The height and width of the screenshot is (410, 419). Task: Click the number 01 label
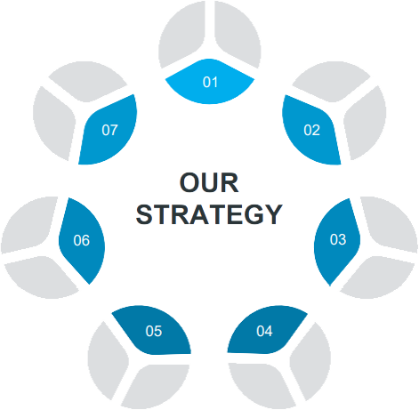tap(210, 82)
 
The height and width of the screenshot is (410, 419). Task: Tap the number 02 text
tap(311, 130)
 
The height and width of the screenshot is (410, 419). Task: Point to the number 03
tap(338, 239)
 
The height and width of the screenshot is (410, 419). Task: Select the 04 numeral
tap(264, 331)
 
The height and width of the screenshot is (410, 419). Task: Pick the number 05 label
tap(154, 331)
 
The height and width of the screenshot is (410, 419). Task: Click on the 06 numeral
tap(82, 240)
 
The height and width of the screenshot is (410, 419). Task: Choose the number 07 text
tap(109, 130)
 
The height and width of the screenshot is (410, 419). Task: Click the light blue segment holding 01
tap(210, 82)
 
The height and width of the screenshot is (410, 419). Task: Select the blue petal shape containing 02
tap(310, 131)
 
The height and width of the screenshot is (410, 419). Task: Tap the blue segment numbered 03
tap(337, 242)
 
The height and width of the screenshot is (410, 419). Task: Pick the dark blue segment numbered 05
tap(152, 331)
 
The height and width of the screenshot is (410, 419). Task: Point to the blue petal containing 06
tap(82, 241)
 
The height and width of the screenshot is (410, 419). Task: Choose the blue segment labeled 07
tap(109, 131)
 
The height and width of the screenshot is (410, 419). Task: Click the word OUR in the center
tap(209, 183)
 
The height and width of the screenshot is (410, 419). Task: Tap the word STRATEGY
tap(209, 214)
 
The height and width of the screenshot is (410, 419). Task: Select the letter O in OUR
tap(189, 183)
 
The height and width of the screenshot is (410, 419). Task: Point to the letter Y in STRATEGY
tap(272, 214)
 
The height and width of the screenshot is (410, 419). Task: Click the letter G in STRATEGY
tap(253, 214)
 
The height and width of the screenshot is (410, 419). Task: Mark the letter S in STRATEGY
tap(145, 214)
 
